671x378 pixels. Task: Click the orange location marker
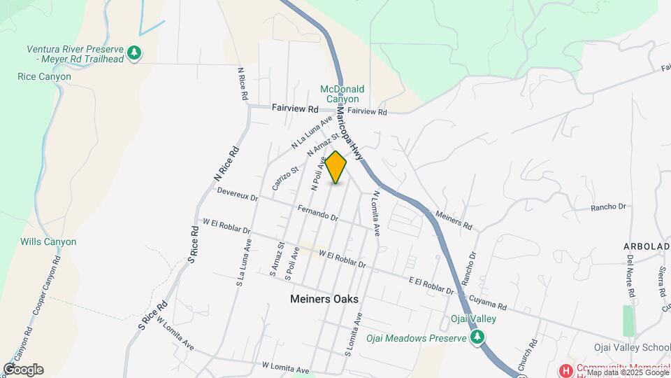click(x=336, y=167)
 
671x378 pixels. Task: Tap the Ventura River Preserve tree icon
click(x=134, y=52)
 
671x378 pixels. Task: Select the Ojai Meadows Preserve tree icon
click(x=477, y=338)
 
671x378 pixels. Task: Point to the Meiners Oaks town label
click(x=324, y=299)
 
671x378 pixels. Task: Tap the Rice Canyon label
click(x=44, y=76)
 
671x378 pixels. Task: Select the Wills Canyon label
click(x=48, y=241)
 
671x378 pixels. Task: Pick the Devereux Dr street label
click(x=238, y=194)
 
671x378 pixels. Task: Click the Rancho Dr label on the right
click(x=608, y=207)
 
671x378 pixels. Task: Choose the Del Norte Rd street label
click(x=630, y=277)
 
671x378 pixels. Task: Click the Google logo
click(x=23, y=369)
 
